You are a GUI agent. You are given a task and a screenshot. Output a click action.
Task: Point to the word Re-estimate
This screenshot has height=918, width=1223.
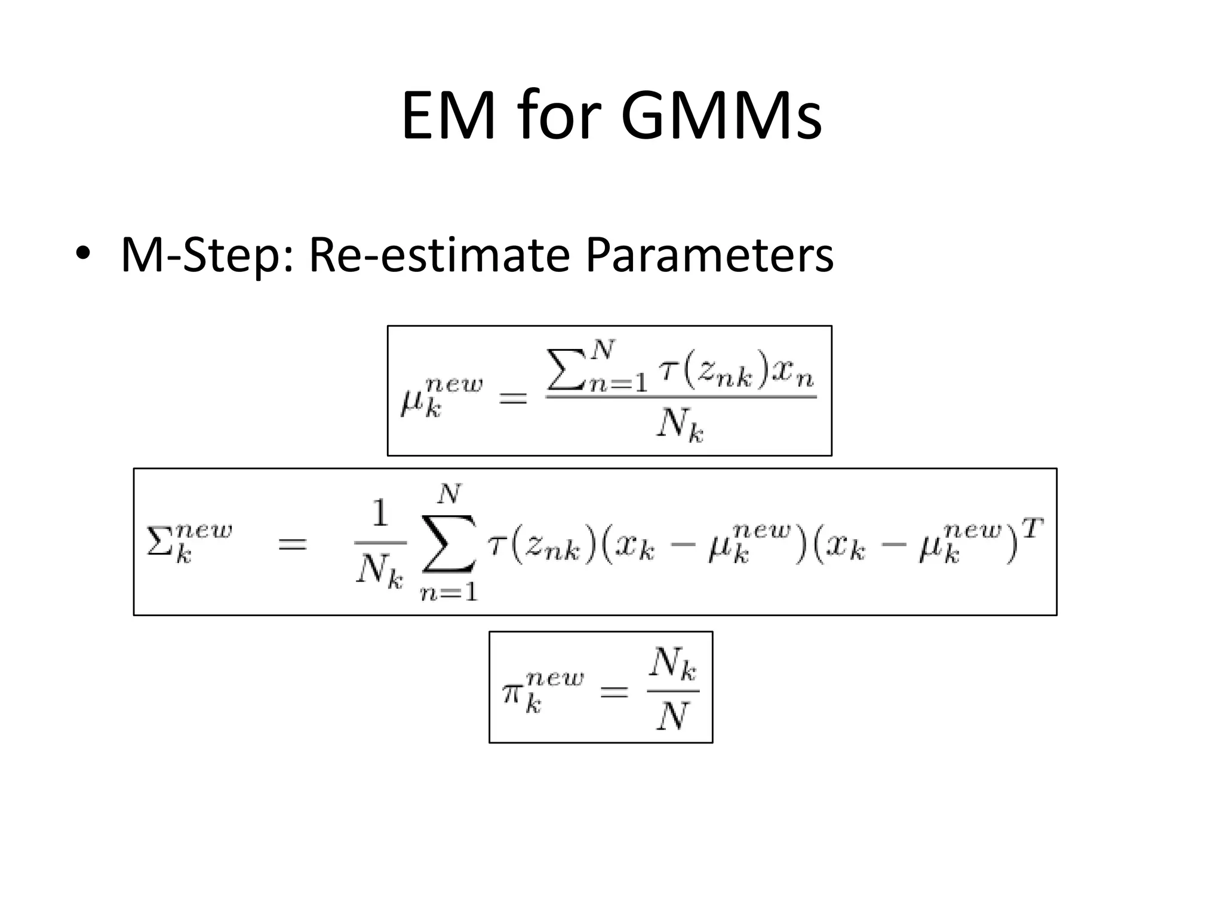(x=439, y=255)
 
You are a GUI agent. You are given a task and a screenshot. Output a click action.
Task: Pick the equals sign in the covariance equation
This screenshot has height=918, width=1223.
(x=292, y=544)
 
